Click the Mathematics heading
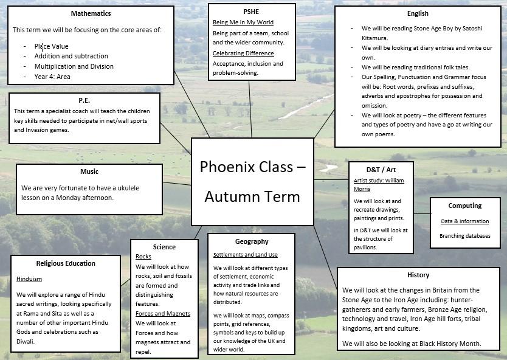tap(91, 13)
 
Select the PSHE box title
tap(250, 12)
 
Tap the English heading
tap(418, 13)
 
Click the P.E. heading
tap(84, 100)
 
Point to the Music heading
tap(89, 171)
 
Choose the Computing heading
tap(465, 206)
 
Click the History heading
tap(418, 275)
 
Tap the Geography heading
tap(252, 241)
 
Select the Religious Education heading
tap(66, 263)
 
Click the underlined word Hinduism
tap(29, 279)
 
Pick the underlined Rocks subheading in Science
tap(143, 257)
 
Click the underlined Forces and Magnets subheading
tap(163, 314)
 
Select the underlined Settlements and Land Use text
tap(246, 255)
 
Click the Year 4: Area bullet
tap(52, 77)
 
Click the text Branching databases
tap(465, 236)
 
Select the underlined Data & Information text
tap(465, 221)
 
